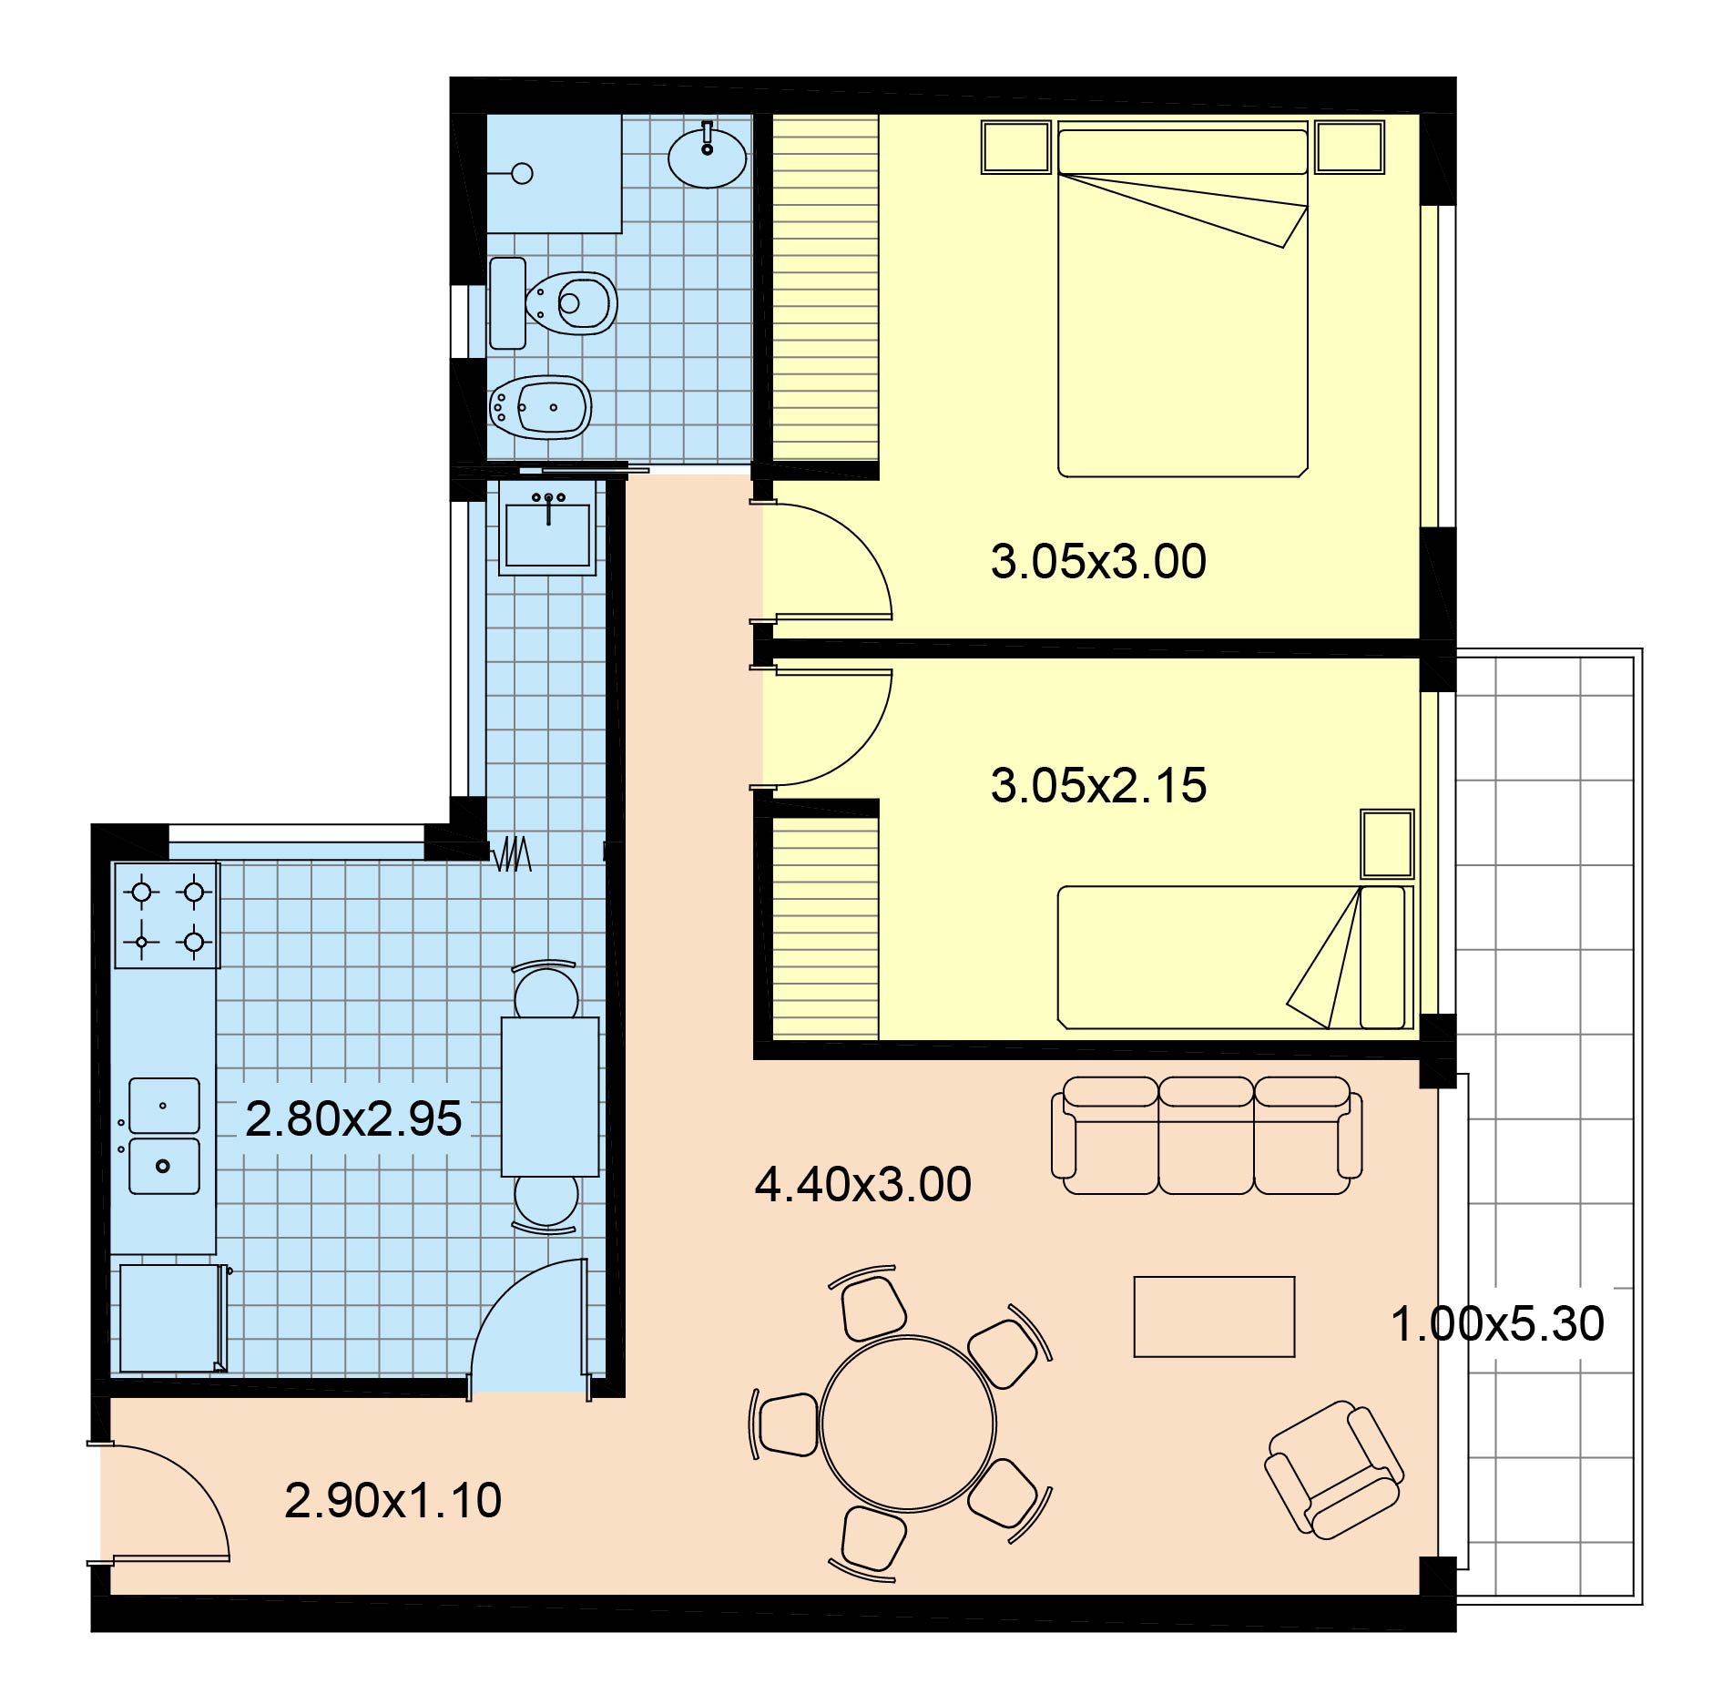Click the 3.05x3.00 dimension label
(1098, 561)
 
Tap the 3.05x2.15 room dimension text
(1098, 785)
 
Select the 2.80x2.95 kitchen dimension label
(353, 1118)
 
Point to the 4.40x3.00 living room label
(863, 1184)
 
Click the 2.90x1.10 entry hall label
(393, 1501)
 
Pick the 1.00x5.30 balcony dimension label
(1497, 1323)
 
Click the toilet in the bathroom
(554, 302)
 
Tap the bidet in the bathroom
(541, 407)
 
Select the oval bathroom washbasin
(708, 157)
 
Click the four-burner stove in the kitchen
(167, 915)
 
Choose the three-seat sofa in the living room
(1207, 1135)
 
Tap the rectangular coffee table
(1214, 1317)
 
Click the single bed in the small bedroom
(1235, 957)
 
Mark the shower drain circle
(523, 173)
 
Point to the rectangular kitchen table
(550, 1097)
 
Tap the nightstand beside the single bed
(1387, 844)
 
